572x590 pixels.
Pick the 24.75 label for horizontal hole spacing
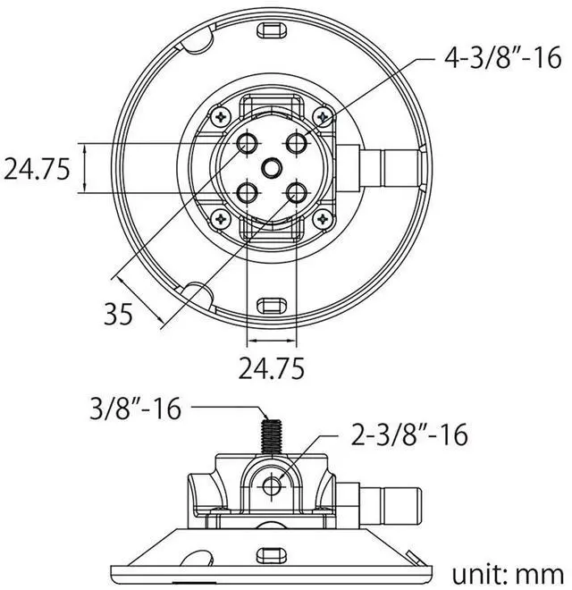pos(271,367)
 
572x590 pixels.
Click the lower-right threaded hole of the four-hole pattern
pos(296,191)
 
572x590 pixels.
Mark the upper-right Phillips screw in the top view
pos(322,115)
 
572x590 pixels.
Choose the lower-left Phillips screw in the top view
pos(220,217)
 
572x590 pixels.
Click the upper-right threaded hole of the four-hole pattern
pos(296,144)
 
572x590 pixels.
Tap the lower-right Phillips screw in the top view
pos(322,217)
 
